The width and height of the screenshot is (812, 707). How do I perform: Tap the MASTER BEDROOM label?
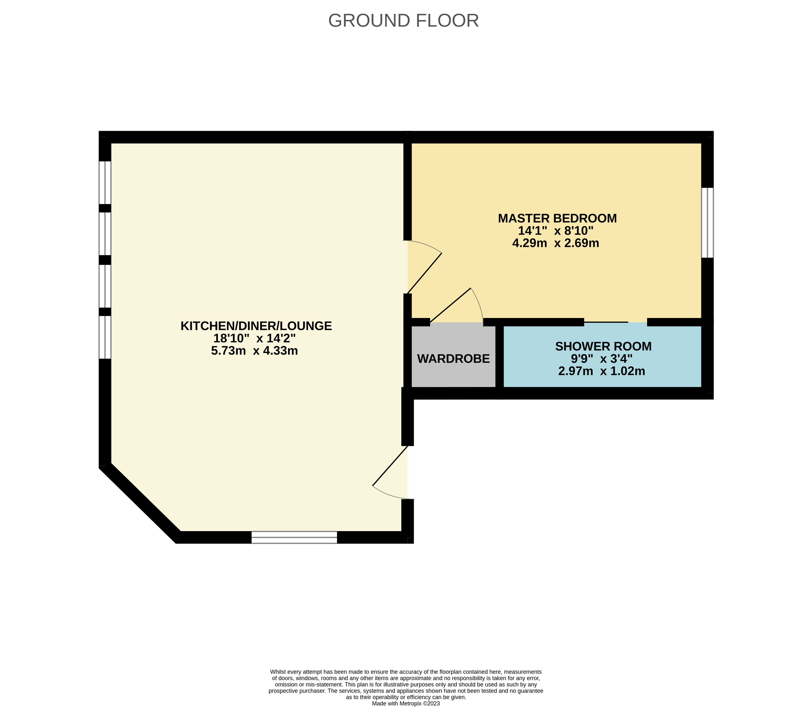click(x=557, y=218)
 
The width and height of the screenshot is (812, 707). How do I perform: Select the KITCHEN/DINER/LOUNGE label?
click(x=256, y=326)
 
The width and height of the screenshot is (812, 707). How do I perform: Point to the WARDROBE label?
click(x=454, y=359)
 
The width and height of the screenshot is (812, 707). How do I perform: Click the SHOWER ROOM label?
click(x=603, y=346)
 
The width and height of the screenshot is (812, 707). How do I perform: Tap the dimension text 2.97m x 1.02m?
click(x=602, y=371)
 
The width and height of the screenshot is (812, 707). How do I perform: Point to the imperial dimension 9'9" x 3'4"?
click(x=602, y=359)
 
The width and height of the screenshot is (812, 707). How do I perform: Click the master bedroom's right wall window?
click(x=707, y=223)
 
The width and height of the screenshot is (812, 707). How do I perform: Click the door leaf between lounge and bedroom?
click(x=425, y=273)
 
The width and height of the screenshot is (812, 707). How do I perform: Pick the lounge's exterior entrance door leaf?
click(x=390, y=466)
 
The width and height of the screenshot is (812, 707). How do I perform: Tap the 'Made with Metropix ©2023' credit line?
click(x=406, y=703)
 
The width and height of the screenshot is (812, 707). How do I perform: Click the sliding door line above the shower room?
click(x=606, y=322)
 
